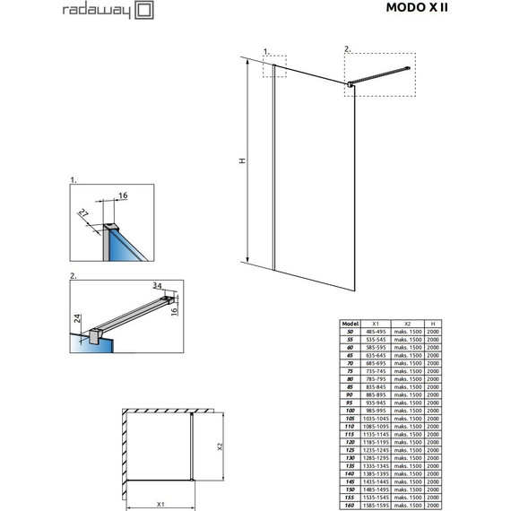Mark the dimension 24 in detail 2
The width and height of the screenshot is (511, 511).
coord(78,317)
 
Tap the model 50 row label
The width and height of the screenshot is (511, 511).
coord(350,331)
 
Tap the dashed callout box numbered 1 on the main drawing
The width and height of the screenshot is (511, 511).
coord(274,66)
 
